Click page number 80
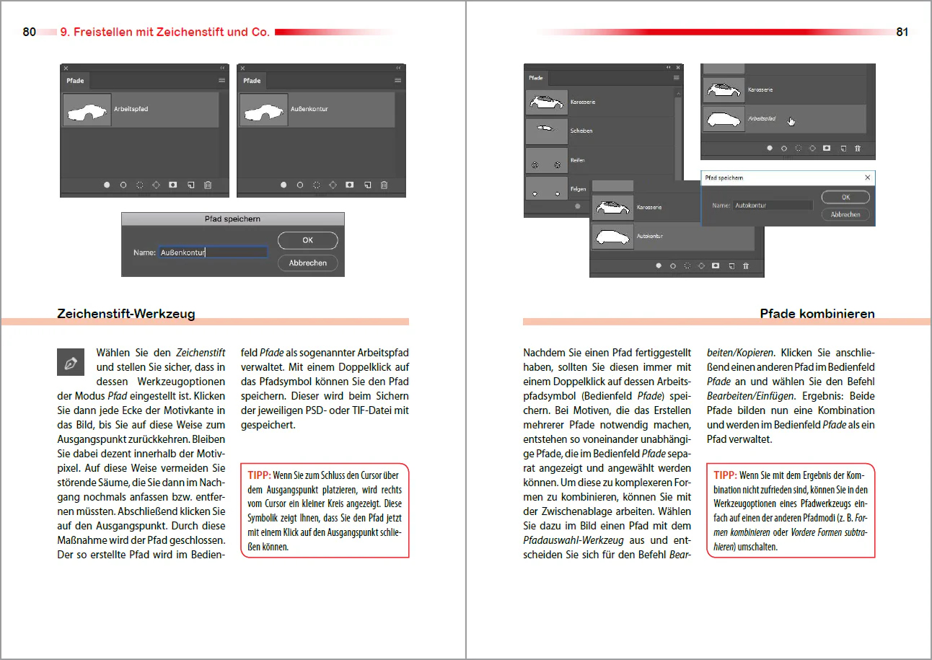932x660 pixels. click(29, 32)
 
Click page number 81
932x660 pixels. click(902, 32)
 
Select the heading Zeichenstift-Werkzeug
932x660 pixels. click(126, 313)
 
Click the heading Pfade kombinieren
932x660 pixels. click(817, 313)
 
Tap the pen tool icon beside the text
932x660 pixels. click(71, 362)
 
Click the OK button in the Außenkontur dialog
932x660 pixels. click(307, 240)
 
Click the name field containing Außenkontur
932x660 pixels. click(213, 252)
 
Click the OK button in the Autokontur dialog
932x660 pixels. click(845, 197)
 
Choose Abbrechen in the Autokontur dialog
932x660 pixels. click(845, 214)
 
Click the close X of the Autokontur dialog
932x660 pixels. click(868, 177)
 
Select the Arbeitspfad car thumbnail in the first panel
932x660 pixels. click(87, 110)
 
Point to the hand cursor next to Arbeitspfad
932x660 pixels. click(791, 121)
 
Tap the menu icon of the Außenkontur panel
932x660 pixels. click(397, 80)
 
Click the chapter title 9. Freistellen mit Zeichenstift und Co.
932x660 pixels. click(164, 32)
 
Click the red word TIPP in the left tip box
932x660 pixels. click(259, 475)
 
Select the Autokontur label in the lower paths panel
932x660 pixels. click(649, 236)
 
